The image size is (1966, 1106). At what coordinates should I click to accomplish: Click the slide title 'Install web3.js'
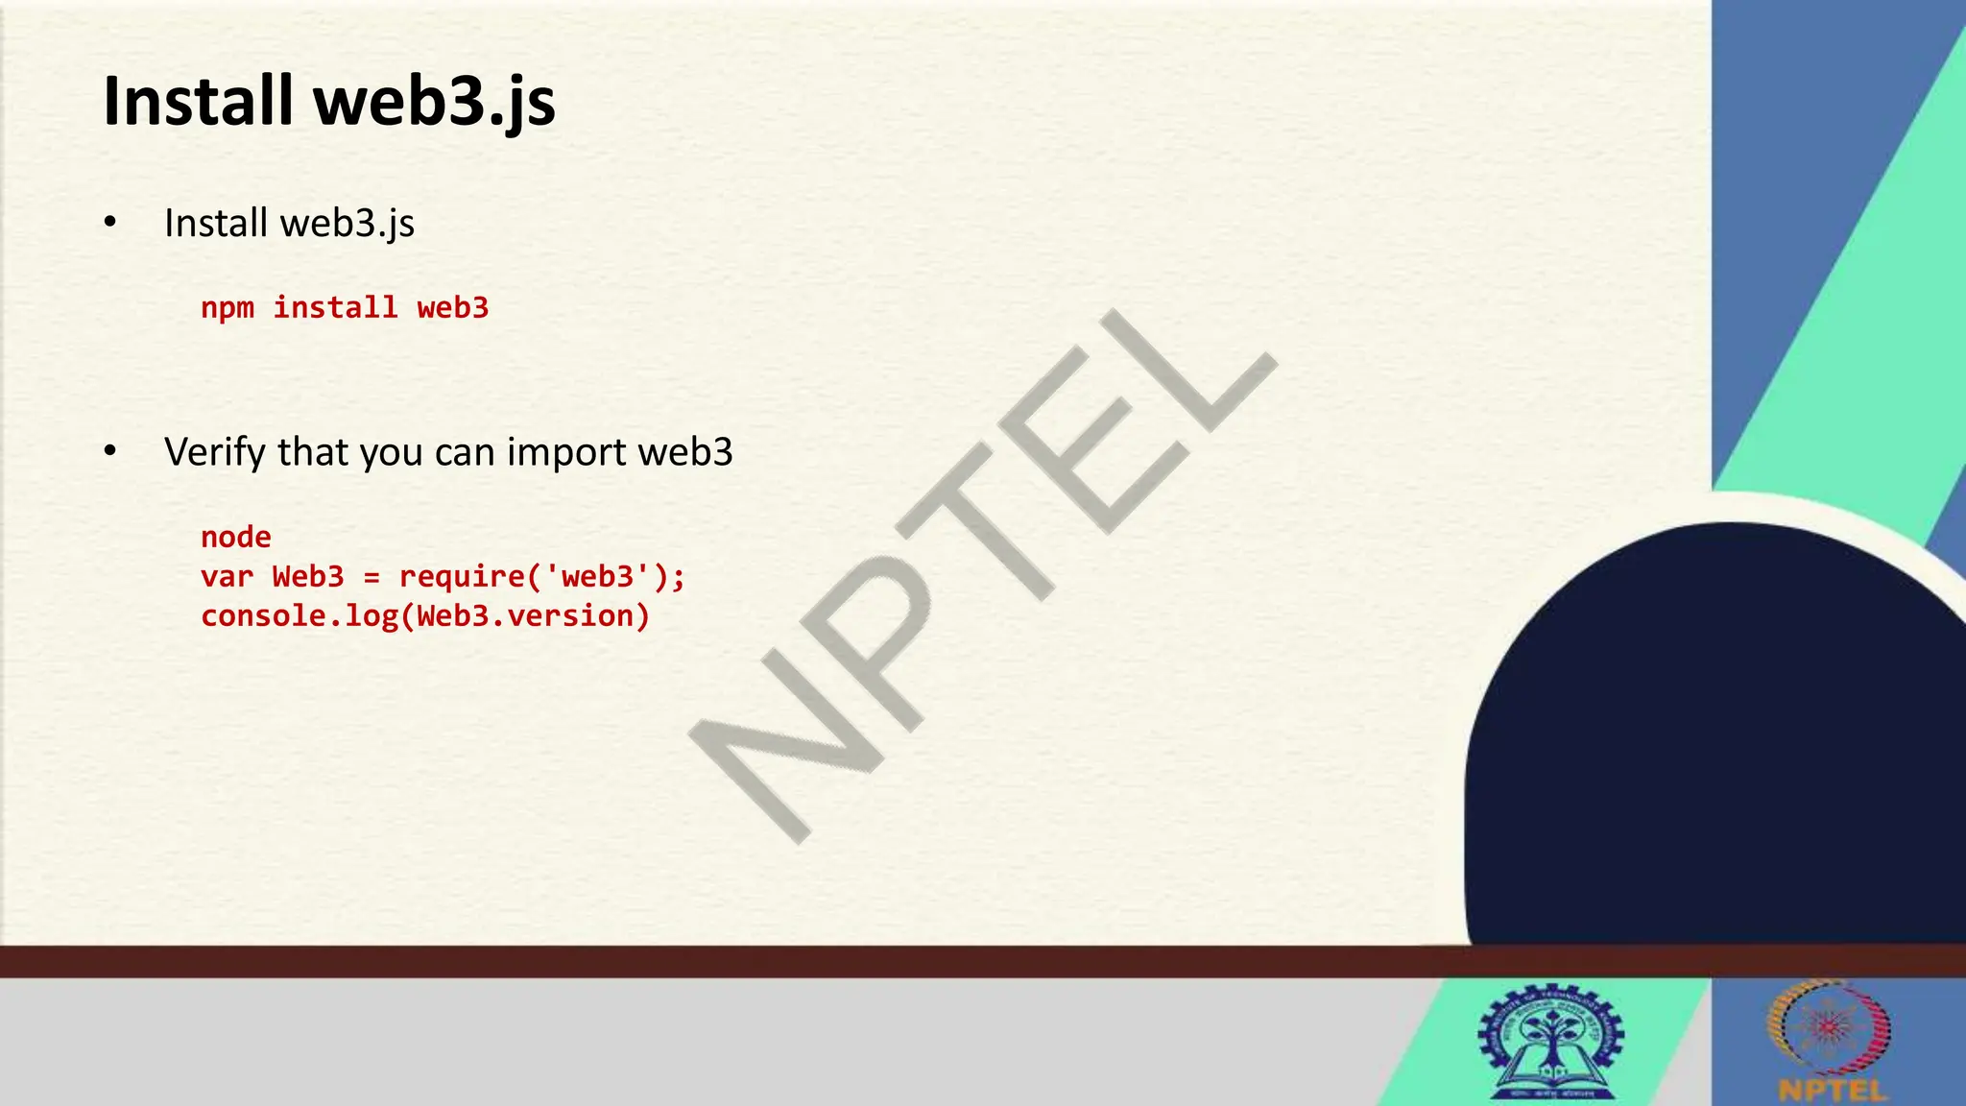(x=328, y=102)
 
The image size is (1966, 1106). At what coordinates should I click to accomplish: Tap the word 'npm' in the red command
(x=228, y=308)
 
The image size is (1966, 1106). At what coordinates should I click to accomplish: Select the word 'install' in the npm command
(x=335, y=308)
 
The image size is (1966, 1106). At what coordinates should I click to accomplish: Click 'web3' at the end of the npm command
(x=452, y=308)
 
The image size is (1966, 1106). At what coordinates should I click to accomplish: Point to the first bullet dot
(x=110, y=223)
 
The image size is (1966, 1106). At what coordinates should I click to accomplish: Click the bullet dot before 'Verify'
(x=110, y=450)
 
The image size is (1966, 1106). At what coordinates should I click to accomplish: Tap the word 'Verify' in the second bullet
(x=215, y=452)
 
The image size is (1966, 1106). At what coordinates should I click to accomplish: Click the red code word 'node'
(x=236, y=537)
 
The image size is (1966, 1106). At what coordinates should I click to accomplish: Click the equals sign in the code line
(x=372, y=577)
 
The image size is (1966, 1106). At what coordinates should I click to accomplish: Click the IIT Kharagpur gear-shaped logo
(x=1552, y=1042)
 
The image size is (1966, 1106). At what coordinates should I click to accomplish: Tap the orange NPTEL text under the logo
(x=1832, y=1091)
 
